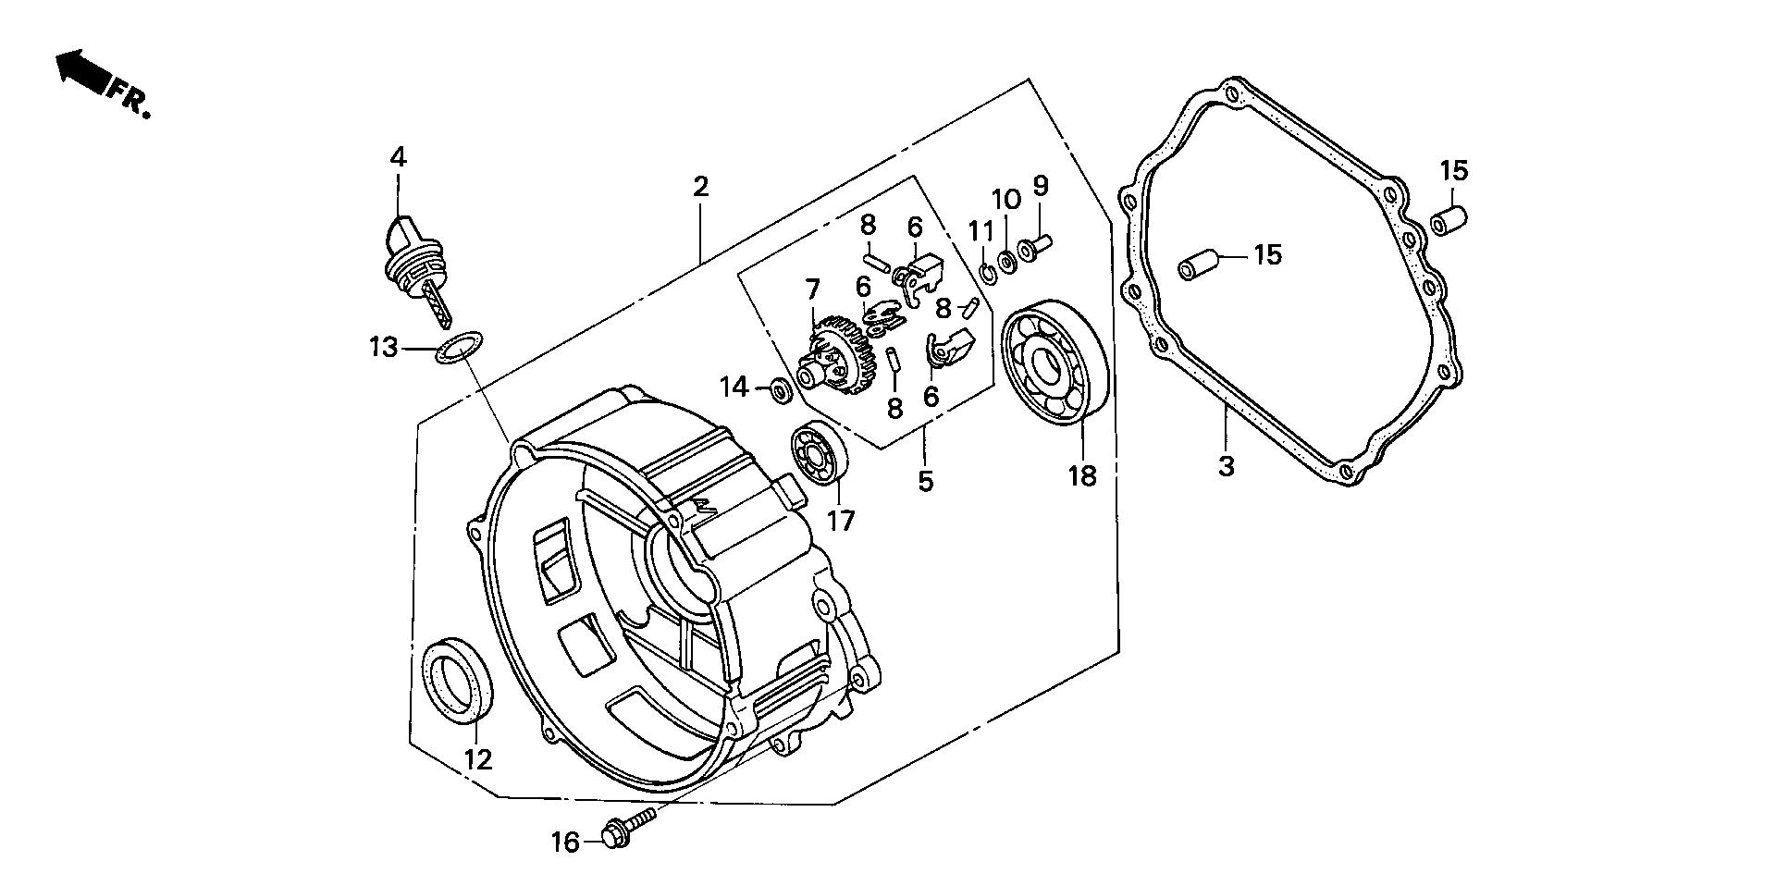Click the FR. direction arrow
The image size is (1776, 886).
click(x=81, y=72)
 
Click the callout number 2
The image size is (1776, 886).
click(x=700, y=186)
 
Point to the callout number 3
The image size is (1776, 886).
click(x=1226, y=466)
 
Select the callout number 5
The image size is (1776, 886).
click(x=925, y=481)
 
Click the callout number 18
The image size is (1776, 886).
click(x=1081, y=475)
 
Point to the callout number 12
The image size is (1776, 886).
click(x=477, y=759)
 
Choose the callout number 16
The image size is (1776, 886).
click(x=565, y=842)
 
